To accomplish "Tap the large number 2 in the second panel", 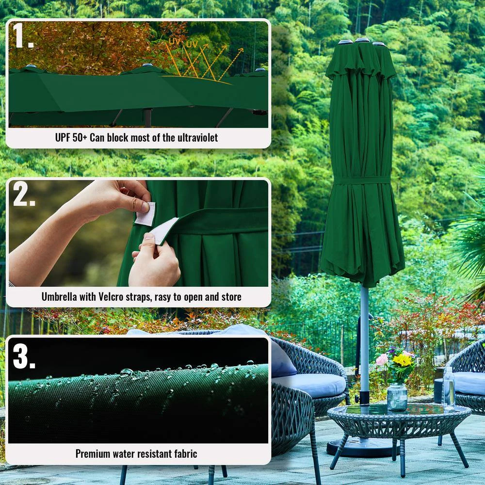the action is [x=24, y=194].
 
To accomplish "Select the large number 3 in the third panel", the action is [x=24, y=356].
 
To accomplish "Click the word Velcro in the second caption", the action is [x=111, y=297].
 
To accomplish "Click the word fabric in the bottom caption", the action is [x=186, y=454].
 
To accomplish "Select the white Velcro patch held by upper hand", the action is [x=145, y=214].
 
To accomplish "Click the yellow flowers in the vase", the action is [x=402, y=360].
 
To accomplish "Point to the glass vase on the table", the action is [x=397, y=398].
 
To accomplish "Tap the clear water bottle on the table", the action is [x=449, y=389].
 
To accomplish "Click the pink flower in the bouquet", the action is [x=382, y=360].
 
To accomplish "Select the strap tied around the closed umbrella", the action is [x=362, y=180].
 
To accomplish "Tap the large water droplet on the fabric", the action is [x=126, y=372].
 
